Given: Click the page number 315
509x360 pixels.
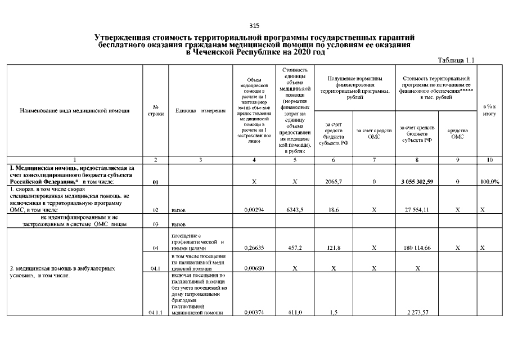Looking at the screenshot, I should point(254,25).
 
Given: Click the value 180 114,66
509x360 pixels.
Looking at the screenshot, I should point(417,247).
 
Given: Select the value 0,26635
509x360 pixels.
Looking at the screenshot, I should point(254,247).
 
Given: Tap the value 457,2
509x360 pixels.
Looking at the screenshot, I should point(295,247).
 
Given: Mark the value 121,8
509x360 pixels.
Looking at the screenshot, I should point(334,247).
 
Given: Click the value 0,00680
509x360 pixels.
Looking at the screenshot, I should point(254,268).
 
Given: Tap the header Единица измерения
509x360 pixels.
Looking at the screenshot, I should point(200,110).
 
